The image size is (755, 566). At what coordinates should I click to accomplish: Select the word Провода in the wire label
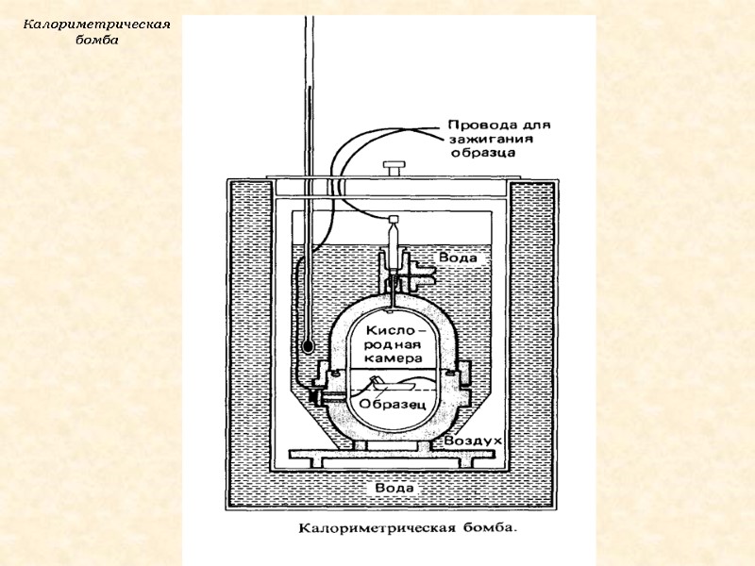coord(479,124)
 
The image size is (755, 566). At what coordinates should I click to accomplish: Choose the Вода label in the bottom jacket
coord(393,488)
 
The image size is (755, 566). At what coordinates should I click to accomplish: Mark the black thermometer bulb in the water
coord(307,348)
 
